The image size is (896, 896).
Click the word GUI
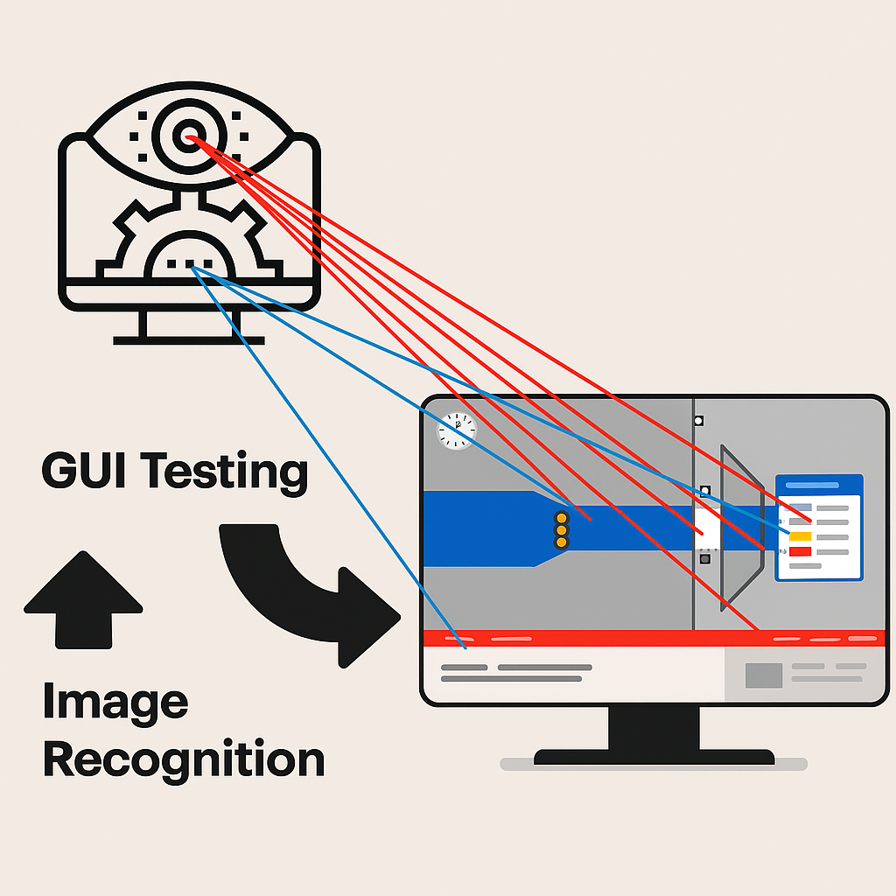point(85,472)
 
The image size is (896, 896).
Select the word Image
point(115,701)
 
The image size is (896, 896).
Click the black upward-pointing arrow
point(83,599)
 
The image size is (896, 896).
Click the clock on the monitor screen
point(456,430)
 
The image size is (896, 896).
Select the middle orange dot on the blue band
point(562,530)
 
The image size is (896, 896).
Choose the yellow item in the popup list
point(801,536)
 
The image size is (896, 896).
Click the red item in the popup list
point(801,551)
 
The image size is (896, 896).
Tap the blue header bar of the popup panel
point(819,485)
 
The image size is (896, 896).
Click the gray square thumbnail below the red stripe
point(763,675)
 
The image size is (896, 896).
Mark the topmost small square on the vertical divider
point(698,421)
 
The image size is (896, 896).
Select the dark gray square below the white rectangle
point(705,557)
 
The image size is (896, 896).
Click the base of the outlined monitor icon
point(188,339)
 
